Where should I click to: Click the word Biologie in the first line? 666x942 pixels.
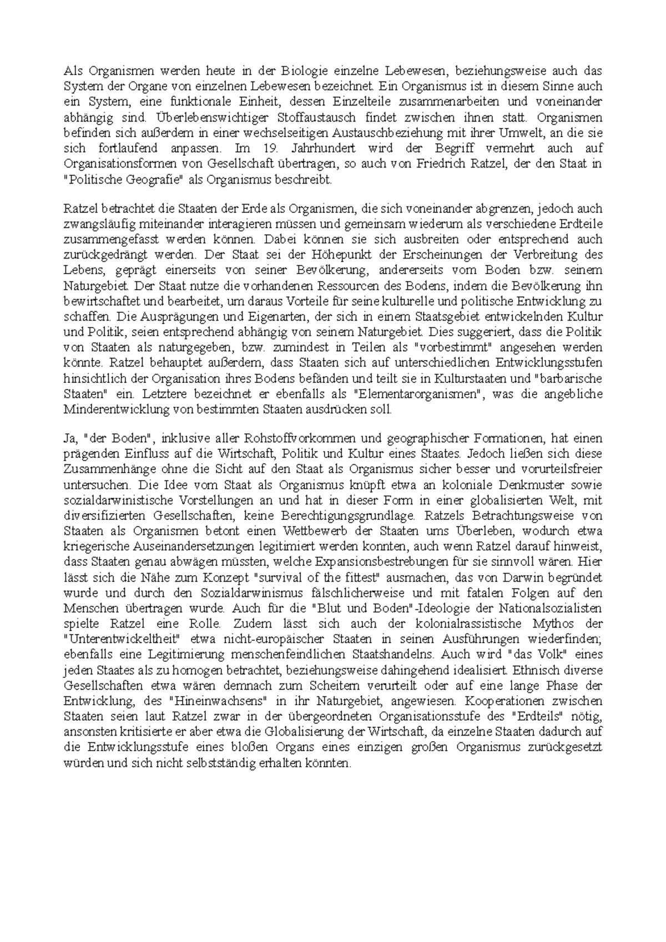[306, 71]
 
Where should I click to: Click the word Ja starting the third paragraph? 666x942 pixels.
[70, 439]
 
